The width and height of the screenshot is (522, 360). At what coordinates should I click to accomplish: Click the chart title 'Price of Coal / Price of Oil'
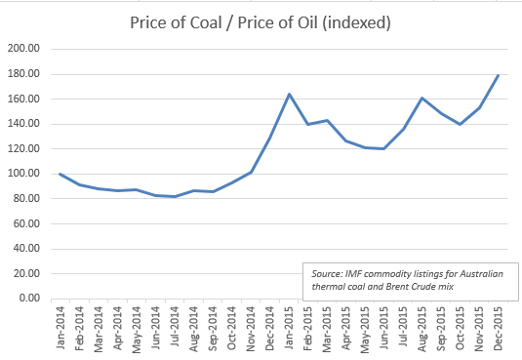pyautogui.click(x=261, y=21)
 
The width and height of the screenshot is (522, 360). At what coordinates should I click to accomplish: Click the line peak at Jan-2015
pyautogui.click(x=290, y=94)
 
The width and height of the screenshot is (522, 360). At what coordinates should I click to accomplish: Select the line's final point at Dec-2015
pyautogui.click(x=498, y=75)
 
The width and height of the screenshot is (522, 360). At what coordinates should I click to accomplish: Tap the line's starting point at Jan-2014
pyautogui.click(x=60, y=174)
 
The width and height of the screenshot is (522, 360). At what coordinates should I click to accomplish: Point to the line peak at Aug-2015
pyautogui.click(x=422, y=98)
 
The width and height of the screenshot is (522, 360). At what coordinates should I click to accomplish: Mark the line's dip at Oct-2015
pyautogui.click(x=460, y=124)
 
